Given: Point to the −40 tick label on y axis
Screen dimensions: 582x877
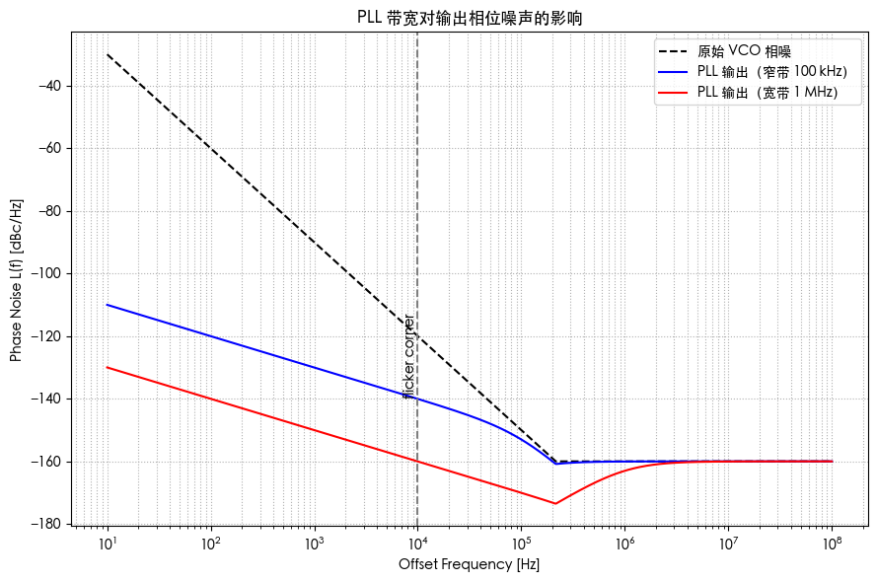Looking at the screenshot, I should pos(49,86).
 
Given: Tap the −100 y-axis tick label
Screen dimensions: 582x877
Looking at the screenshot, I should pos(46,273).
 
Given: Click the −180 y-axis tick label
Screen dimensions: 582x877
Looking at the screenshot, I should pos(46,524).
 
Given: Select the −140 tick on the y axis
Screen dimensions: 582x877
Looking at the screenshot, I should pos(46,399).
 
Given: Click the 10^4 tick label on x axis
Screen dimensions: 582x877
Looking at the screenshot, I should pos(417,544).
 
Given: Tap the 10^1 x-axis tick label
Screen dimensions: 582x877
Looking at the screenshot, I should pos(107,544).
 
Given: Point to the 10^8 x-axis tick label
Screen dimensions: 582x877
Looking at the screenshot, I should pos(832,544).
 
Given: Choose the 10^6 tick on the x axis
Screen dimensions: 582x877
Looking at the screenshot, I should pos(624,544).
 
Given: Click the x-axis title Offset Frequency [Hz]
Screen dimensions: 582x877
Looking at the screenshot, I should pos(469,565).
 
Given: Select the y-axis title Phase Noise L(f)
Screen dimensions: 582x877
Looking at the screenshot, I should pos(16,280).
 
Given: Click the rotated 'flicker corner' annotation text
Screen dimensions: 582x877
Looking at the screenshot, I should pos(408,355).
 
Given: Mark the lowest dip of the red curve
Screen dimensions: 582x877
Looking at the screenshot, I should pos(555,504).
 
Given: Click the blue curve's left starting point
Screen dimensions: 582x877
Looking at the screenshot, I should pos(107,305).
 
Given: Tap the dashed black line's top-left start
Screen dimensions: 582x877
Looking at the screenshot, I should pos(107,54).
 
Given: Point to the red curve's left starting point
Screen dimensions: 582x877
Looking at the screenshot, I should pos(107,367).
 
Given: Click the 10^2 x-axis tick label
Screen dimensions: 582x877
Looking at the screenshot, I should pos(210,544).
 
